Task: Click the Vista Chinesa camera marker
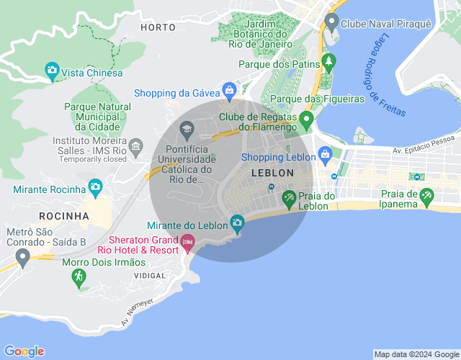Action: (52, 71)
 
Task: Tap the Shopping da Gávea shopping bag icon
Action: (229, 91)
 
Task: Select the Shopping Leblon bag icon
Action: (325, 154)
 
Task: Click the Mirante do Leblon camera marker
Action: (236, 222)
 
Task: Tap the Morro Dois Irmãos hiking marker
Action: (79, 277)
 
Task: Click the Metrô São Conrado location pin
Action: (22, 256)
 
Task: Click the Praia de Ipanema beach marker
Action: (426, 194)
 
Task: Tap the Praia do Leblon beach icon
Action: (289, 197)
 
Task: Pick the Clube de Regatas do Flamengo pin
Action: (306, 119)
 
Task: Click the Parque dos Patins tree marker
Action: (328, 62)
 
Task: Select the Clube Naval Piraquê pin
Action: (331, 22)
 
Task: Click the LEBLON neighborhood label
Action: (272, 173)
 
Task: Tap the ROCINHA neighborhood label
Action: (65, 216)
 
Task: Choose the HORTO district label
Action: (158, 27)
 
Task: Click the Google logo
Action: (23, 351)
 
